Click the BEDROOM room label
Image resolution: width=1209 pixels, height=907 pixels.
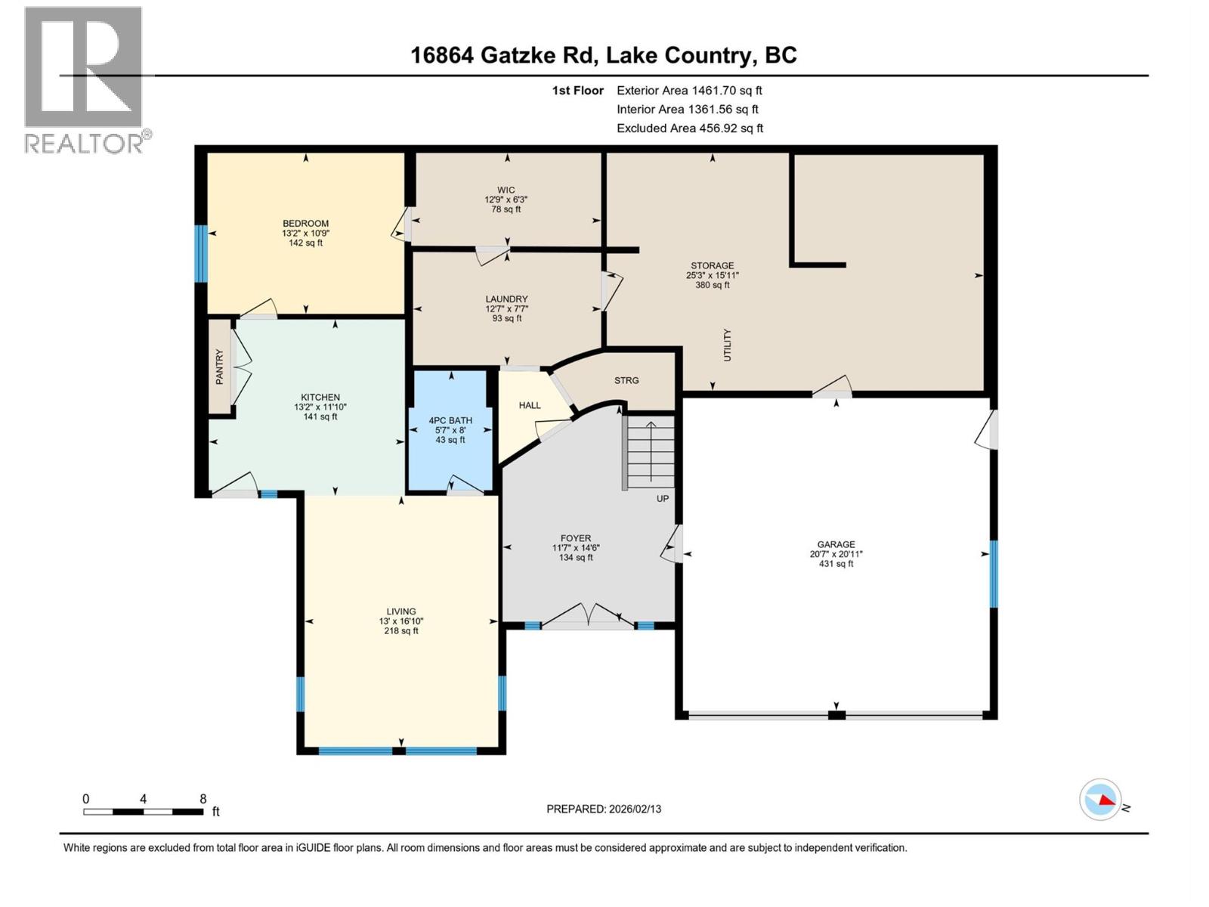point(305,223)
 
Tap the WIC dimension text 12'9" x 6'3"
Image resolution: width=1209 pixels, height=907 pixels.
point(506,200)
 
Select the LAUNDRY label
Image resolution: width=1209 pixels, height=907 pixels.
point(506,299)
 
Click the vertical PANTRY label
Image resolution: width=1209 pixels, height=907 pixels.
point(220,367)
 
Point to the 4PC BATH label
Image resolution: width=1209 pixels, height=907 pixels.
point(450,420)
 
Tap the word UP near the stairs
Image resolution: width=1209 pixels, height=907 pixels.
point(663,499)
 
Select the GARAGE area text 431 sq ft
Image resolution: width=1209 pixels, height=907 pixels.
point(836,564)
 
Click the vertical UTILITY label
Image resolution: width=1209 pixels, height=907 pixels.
point(728,345)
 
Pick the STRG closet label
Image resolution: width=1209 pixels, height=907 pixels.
point(626,380)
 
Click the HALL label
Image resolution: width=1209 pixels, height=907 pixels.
point(530,405)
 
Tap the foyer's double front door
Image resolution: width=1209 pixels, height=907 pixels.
point(589,616)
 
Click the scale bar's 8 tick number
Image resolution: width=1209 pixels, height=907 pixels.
point(203,799)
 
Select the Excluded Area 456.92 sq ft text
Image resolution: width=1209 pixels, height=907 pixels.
point(689,128)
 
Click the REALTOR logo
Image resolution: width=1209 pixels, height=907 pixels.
point(85,79)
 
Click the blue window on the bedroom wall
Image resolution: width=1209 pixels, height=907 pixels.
point(201,253)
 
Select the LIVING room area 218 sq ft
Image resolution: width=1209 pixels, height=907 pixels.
point(400,631)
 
